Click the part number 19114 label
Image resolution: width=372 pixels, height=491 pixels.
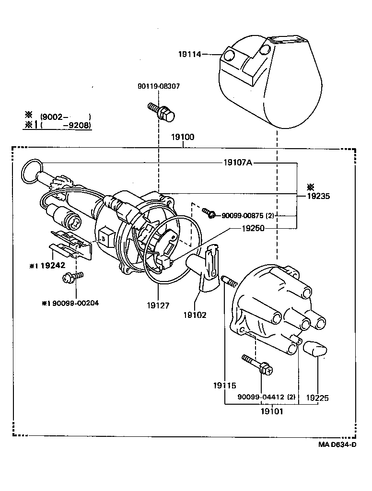click(x=190, y=55)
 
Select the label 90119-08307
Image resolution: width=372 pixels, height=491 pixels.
click(x=158, y=86)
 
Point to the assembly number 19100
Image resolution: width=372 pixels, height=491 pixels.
click(x=183, y=137)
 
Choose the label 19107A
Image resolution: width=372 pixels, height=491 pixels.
click(x=237, y=163)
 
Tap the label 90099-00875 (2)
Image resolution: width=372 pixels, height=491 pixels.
click(x=247, y=216)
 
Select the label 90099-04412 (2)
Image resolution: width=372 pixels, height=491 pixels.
click(x=267, y=397)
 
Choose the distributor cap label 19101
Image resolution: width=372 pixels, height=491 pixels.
click(x=272, y=411)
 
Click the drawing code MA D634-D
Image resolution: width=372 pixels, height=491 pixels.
click(x=337, y=444)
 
